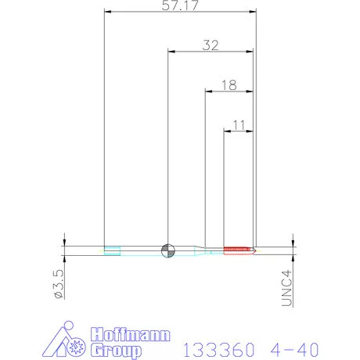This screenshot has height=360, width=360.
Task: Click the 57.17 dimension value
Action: click(180, 5)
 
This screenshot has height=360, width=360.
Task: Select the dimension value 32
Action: click(211, 45)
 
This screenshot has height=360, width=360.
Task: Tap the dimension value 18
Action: click(229, 85)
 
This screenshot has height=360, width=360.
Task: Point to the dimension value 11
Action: click(239, 125)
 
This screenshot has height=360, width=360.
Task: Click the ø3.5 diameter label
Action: click(59, 284)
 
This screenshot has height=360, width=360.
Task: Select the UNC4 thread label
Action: click(286, 288)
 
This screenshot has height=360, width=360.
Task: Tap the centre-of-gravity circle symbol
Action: click(168, 250)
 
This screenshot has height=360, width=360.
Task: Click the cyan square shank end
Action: click(112, 250)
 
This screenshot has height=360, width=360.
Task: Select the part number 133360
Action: click(218, 350)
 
